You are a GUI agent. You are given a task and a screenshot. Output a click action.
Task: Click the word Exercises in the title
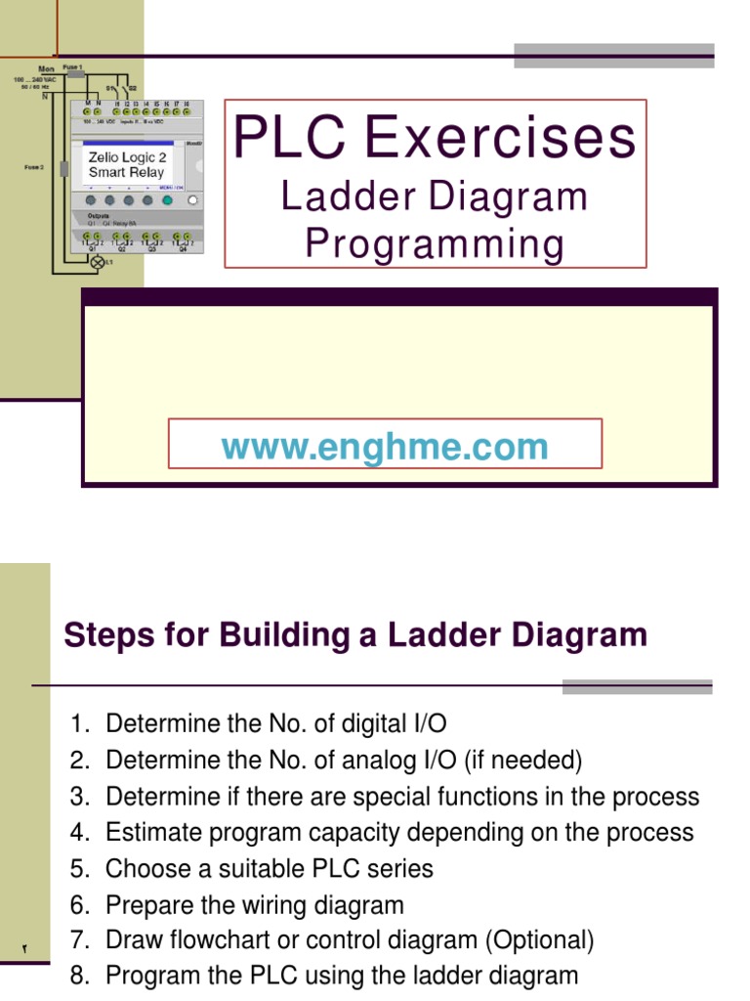pos(501,138)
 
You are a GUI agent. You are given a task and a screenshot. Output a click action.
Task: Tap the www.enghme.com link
pos(385,447)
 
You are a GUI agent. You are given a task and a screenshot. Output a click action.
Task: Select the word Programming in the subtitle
pos(435,243)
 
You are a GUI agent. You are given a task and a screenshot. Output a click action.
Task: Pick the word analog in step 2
pos(369,760)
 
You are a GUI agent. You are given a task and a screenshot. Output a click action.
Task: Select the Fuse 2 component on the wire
pos(63,169)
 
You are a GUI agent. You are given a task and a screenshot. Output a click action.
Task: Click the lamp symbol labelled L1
pos(97,263)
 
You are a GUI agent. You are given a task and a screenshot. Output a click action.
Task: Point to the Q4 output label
pos(182,249)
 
